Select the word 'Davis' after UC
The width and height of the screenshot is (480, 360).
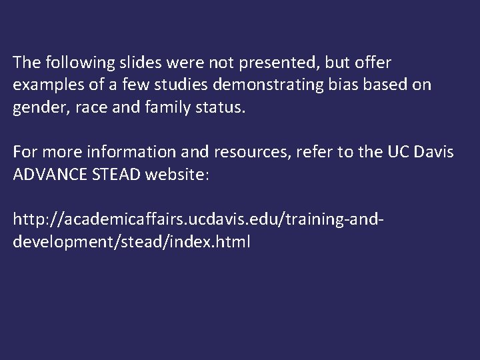(x=433, y=153)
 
